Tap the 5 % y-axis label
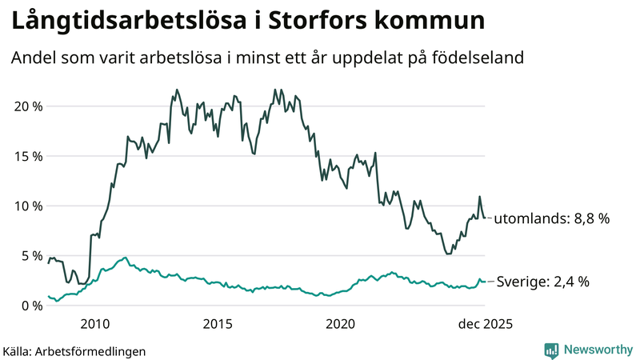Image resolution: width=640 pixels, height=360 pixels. coord(30,256)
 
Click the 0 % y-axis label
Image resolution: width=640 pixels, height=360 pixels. coord(30,306)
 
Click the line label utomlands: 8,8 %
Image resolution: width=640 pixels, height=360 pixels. coord(552,218)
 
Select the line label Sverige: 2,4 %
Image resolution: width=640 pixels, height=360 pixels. coord(543,282)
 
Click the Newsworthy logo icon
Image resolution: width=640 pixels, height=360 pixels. coord(552,350)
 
